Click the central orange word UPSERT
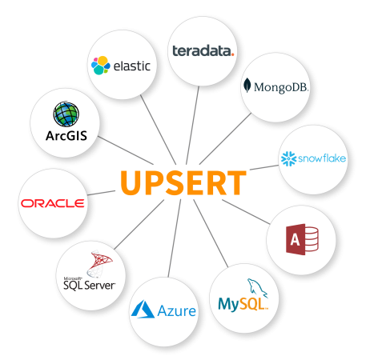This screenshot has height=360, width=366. (183, 182)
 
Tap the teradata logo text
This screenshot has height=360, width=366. (203, 50)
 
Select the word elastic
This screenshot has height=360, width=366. (132, 66)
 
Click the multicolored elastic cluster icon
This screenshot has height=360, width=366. (101, 66)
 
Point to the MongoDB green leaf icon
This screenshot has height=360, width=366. (247, 85)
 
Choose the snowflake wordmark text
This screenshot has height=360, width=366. (322, 158)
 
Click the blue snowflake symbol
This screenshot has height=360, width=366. (288, 158)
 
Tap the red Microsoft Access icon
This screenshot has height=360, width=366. (302, 239)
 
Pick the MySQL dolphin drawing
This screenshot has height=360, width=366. (257, 288)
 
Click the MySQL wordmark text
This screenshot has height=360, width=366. (243, 304)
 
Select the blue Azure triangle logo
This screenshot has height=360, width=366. (143, 309)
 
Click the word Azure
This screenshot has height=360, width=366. (177, 311)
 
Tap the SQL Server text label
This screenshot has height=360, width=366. (89, 286)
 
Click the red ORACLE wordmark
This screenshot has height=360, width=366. (53, 203)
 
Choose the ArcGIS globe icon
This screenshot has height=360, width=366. (66, 114)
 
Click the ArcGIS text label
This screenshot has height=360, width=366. (66, 136)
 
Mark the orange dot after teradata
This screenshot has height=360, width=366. (232, 54)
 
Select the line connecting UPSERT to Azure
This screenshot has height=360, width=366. (175, 238)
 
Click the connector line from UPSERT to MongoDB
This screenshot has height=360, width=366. (225, 138)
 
